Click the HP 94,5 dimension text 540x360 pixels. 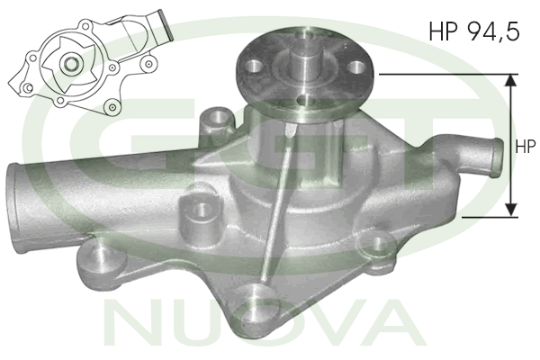[474, 31]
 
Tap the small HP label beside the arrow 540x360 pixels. [526, 147]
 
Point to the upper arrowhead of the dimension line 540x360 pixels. [511, 80]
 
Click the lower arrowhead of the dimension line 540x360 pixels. [511, 210]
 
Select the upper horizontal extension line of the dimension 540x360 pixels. [448, 74]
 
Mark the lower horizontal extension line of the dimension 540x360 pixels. [490, 217]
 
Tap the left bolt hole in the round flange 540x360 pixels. [255, 66]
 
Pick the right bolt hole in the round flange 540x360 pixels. [355, 67]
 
